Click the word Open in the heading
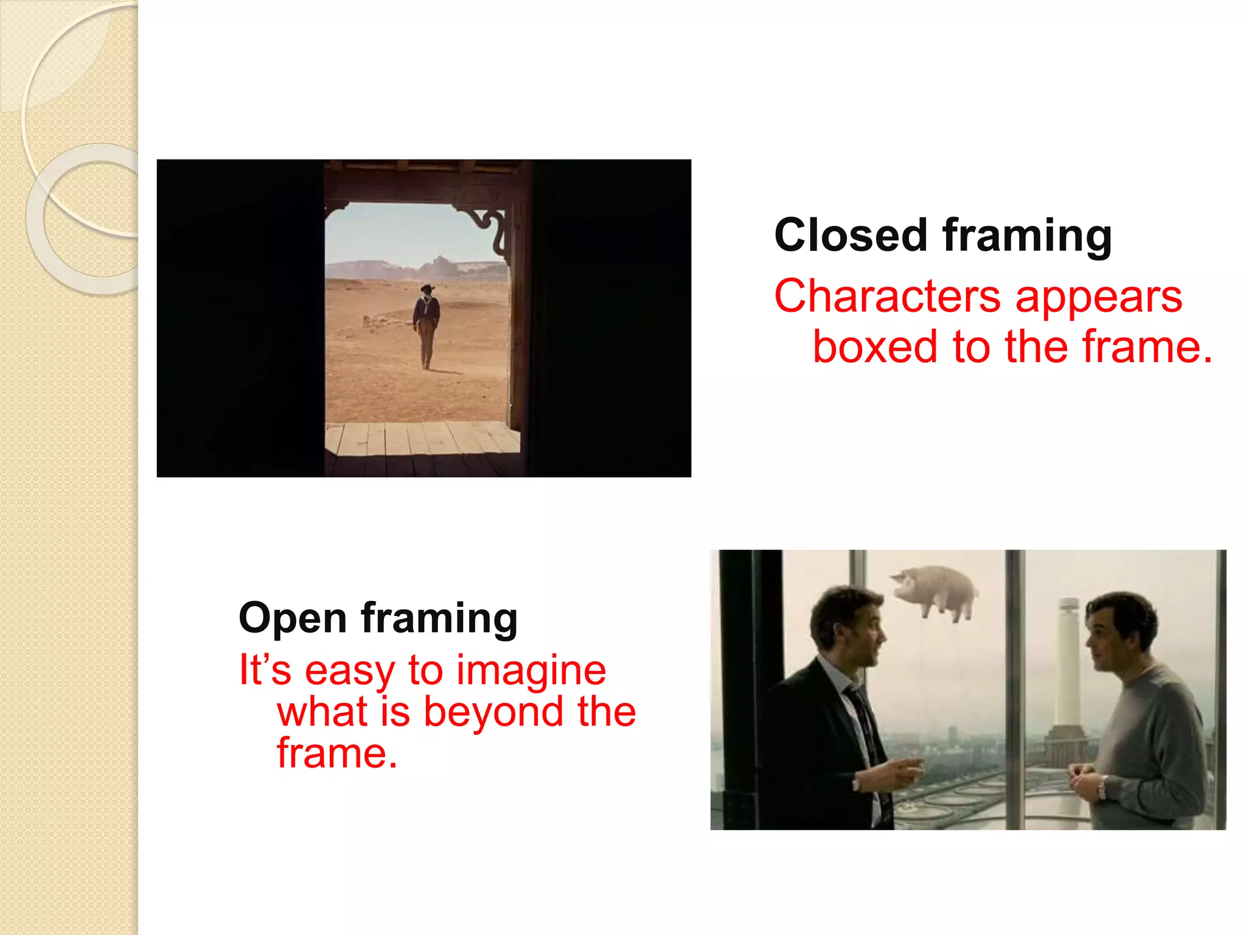(x=293, y=618)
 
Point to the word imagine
(x=531, y=670)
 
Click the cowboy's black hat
(x=427, y=288)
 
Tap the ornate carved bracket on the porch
(x=492, y=228)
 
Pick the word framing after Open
(x=439, y=618)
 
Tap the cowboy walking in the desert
(x=426, y=326)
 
